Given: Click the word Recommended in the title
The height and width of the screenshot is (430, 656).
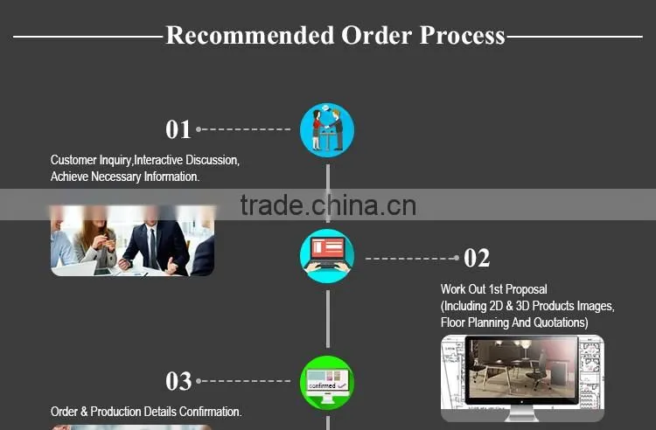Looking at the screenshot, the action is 250,35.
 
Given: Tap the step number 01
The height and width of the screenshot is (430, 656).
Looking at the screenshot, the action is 178,129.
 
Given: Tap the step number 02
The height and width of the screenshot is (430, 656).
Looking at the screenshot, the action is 477,258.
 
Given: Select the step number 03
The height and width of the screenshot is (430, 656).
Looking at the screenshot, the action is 178,381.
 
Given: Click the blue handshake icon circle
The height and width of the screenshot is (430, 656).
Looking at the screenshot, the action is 327,130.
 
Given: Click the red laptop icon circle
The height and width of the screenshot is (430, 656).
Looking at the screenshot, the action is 327,256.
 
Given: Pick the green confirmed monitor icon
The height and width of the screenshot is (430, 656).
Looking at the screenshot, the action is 327,382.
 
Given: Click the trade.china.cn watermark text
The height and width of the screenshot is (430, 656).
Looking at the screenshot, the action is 328,205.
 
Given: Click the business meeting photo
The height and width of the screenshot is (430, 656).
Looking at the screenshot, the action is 133,240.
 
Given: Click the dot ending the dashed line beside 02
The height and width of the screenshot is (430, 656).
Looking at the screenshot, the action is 457,258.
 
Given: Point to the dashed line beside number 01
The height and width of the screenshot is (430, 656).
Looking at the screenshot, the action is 243,129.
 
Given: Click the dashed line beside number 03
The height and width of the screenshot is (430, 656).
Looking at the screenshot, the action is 243,381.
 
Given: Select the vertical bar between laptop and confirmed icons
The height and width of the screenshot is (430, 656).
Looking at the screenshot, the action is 328,319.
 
